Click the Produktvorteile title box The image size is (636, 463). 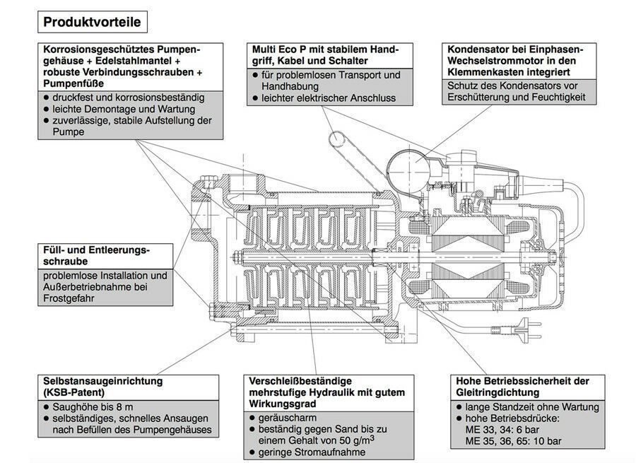(92, 22)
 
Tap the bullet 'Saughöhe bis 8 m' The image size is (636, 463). (93, 407)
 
